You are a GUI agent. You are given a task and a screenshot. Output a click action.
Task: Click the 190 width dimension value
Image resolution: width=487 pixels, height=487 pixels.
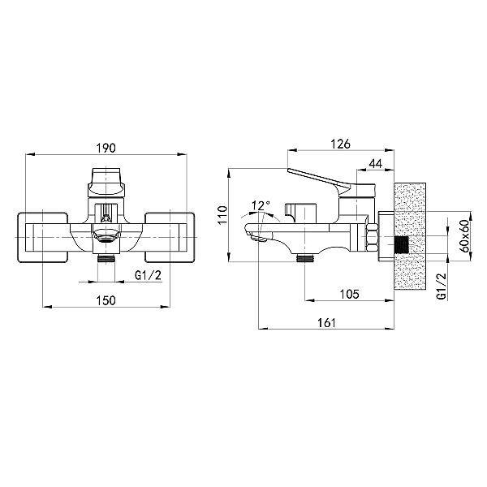click(106, 149)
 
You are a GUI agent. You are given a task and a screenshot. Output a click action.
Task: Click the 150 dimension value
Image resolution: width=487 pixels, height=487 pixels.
click(106, 300)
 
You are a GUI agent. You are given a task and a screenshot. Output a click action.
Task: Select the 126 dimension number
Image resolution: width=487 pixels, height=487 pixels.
click(340, 144)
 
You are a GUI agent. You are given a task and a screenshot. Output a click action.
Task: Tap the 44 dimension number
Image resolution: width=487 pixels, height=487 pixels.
click(376, 163)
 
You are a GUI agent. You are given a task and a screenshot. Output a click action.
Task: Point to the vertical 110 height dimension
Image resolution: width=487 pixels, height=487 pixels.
click(222, 215)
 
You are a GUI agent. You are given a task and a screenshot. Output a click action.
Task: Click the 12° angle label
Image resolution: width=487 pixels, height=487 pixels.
click(261, 205)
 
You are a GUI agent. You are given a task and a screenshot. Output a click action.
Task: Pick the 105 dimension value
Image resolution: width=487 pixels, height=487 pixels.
click(349, 294)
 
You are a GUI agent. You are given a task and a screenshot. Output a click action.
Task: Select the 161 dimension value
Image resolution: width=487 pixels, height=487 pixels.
click(326, 323)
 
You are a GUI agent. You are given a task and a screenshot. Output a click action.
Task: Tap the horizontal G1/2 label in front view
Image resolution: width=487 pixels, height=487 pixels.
click(149, 275)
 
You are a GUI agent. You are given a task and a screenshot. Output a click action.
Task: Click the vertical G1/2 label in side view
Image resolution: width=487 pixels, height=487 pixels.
click(442, 287)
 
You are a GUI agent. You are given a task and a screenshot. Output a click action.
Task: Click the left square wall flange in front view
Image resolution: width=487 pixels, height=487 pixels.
click(42, 237)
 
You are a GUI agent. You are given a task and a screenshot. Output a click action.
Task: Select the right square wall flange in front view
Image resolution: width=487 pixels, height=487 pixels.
click(170, 237)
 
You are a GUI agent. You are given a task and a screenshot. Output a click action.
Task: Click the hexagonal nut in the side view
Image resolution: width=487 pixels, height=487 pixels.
click(372, 237)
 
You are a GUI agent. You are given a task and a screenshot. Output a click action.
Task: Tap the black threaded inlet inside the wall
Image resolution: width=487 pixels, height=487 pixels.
click(401, 243)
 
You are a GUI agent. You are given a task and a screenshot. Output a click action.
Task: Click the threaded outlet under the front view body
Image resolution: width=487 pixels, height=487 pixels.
click(106, 258)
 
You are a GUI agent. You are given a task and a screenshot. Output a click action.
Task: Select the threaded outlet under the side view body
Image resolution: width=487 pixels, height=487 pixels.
click(306, 258)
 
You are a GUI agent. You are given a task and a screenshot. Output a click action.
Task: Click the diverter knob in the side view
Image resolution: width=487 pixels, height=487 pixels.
click(300, 213)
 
